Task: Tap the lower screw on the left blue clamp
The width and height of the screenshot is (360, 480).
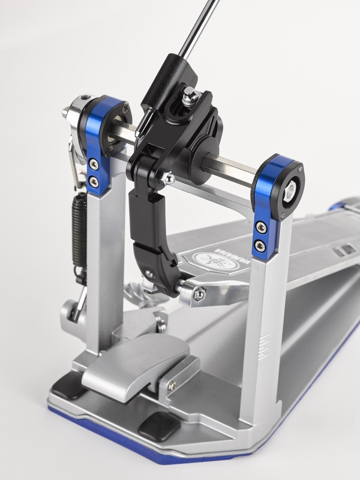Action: pos(94,182)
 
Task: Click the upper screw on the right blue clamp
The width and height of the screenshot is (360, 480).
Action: pos(261,227)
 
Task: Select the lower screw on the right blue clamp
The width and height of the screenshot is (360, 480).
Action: pos(260,246)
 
